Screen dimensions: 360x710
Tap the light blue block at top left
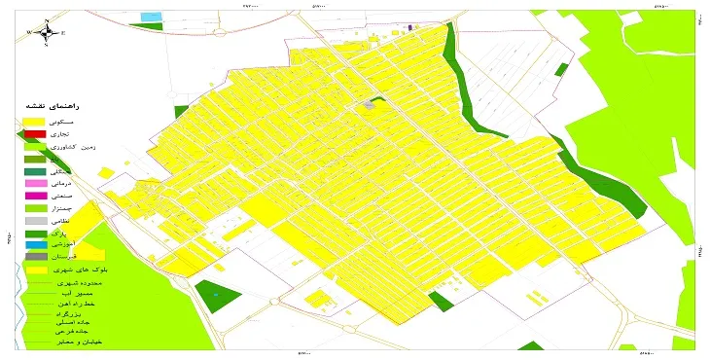(151, 18)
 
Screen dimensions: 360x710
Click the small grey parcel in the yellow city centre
(369, 103)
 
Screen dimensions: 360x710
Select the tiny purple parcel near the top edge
(409, 28)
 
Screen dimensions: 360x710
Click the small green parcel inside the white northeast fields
(560, 68)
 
